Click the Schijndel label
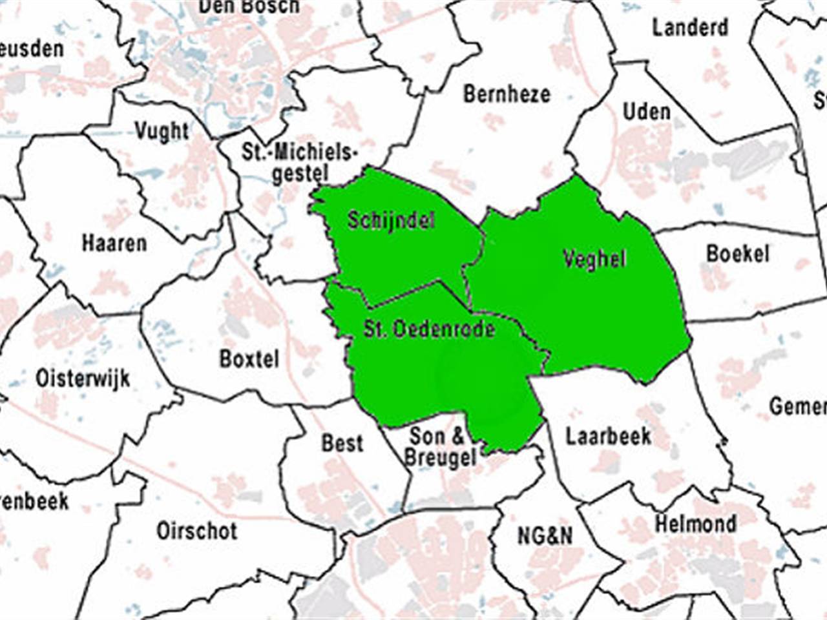point(392,220)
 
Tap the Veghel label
point(594,259)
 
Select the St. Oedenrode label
point(429,329)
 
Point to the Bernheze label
point(507,94)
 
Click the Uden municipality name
point(646,112)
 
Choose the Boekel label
point(738,253)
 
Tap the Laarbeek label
point(609,437)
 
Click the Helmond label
point(695,523)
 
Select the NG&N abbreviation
point(545,535)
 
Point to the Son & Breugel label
point(439,448)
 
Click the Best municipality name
point(342,443)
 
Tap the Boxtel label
point(249,358)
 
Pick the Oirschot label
point(197,531)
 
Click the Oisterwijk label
point(83,378)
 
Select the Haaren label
point(114,243)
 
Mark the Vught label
point(162,131)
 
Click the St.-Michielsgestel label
point(300,163)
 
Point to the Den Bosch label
point(249,7)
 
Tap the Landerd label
point(689,28)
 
